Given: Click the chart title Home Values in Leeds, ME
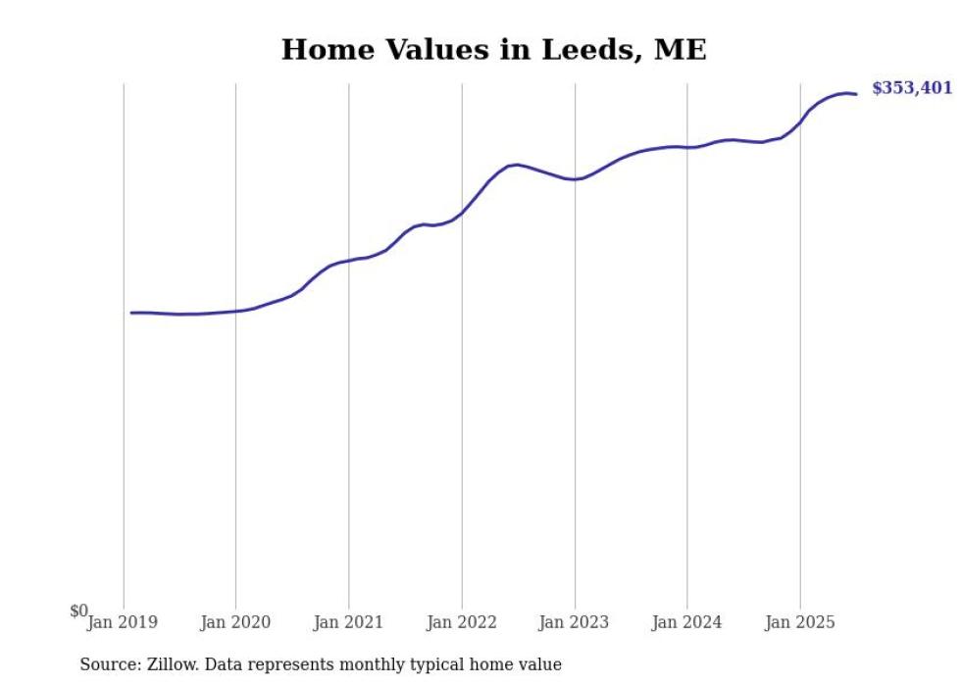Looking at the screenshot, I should [x=493, y=49].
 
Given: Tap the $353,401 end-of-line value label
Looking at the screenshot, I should [x=912, y=88].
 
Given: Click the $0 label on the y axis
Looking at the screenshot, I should [x=78, y=611].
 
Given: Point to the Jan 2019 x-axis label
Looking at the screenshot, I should [x=123, y=622].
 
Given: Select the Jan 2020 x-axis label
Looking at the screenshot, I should [x=235, y=622].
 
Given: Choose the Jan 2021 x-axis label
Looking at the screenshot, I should [x=348, y=622].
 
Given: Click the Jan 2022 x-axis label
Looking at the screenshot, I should [x=462, y=622].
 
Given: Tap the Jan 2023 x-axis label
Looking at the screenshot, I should [x=575, y=622].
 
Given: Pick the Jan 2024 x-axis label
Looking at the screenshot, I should [x=687, y=622].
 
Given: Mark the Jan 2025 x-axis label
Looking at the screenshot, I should [x=800, y=622].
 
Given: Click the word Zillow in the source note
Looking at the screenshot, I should [x=168, y=664].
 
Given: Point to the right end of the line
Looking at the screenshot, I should [x=856, y=94].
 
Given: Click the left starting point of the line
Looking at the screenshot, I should [x=131, y=313].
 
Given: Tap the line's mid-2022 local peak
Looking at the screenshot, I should [x=517, y=165].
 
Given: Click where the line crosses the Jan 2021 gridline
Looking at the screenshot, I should [x=348, y=261].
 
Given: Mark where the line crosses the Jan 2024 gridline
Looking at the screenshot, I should [x=687, y=148].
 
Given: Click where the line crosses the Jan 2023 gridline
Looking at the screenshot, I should [x=575, y=179].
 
